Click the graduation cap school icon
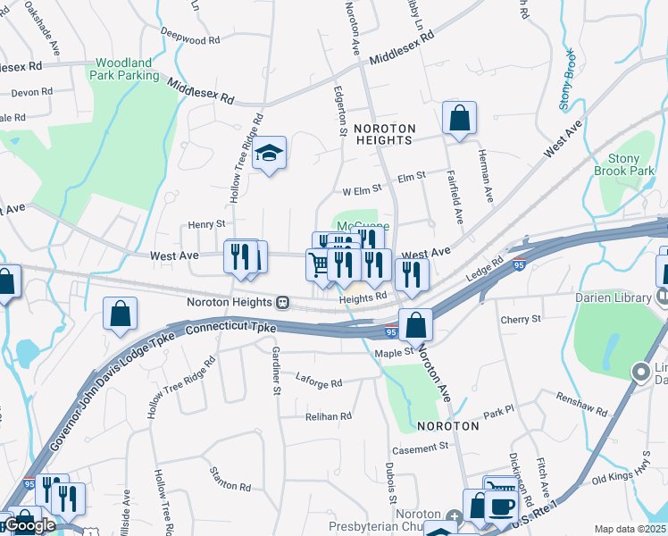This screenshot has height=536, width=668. [269, 154]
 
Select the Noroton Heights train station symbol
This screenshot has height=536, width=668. [282, 302]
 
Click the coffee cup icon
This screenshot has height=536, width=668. [502, 506]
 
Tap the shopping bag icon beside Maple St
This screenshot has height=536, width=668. [415, 325]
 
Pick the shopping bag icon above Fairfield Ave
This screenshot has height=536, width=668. [459, 118]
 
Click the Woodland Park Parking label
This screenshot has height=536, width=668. [127, 70]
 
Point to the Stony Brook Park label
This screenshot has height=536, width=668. [618, 164]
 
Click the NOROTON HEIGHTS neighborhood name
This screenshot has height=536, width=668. [384, 135]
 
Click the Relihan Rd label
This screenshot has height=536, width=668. [328, 416]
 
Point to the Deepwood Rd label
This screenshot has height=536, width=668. [190, 40]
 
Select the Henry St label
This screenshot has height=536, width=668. [206, 225]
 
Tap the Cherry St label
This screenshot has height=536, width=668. [521, 319]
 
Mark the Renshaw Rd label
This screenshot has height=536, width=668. [581, 407]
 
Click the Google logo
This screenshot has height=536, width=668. [29, 525]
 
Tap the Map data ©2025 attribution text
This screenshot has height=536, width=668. [630, 529]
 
